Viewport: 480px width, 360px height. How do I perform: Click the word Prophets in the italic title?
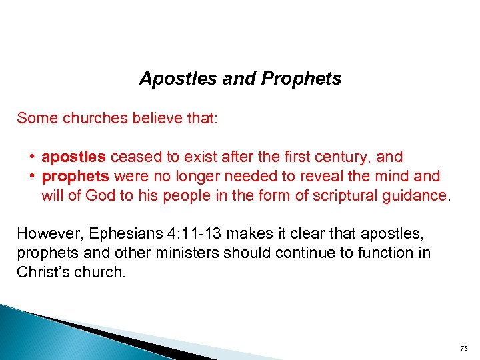coord(301,79)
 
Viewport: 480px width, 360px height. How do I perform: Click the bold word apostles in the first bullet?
coord(73,157)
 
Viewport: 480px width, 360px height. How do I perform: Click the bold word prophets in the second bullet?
coord(75,177)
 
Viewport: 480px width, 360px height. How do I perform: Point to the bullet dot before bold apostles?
coord(33,157)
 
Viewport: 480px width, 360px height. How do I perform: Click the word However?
coord(45,234)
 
